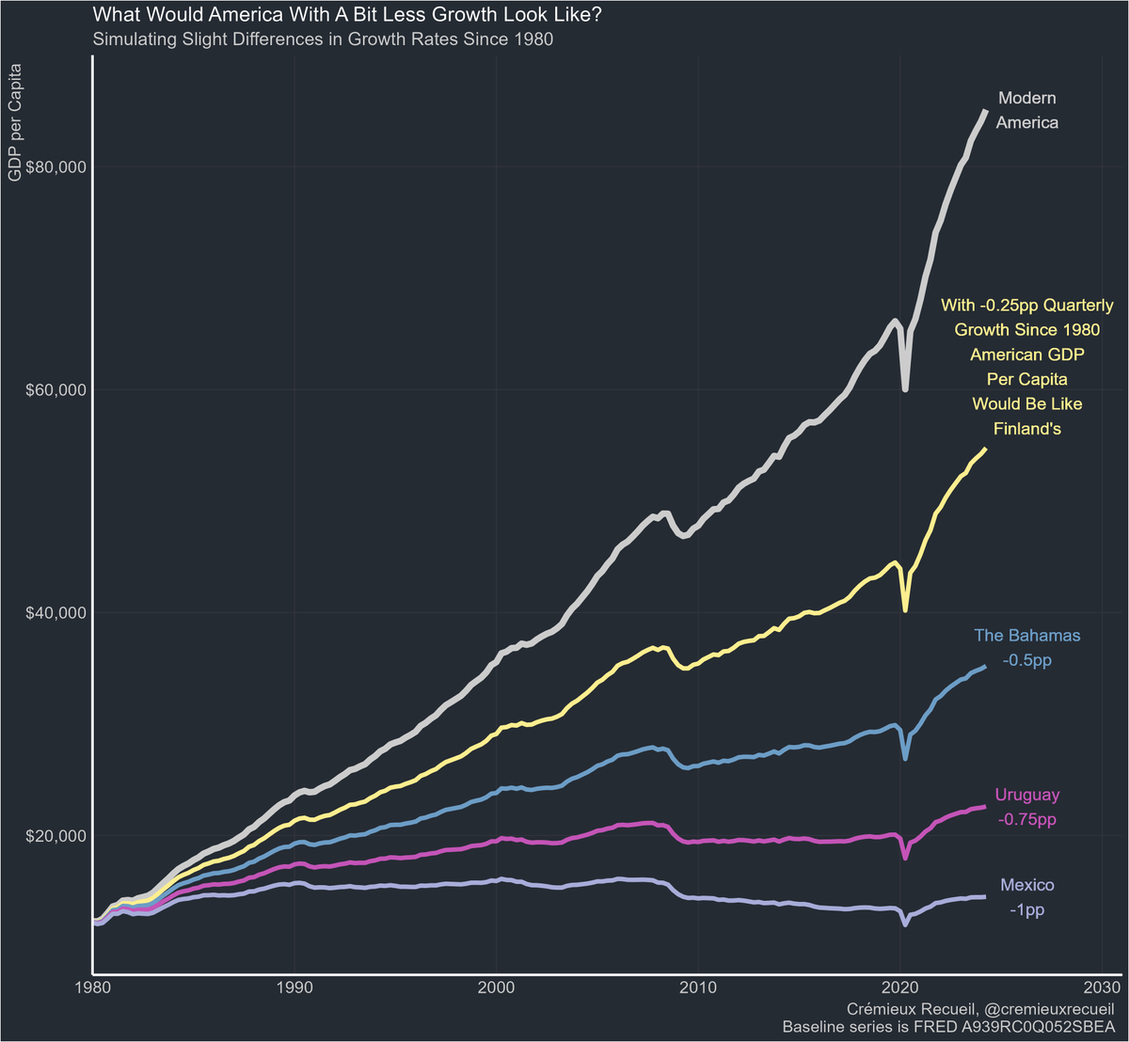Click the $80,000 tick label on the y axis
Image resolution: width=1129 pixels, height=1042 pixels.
pyautogui.click(x=54, y=167)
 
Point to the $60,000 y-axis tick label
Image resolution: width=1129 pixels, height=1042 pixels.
pyautogui.click(x=54, y=390)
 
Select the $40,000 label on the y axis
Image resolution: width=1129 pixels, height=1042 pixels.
pyautogui.click(x=54, y=613)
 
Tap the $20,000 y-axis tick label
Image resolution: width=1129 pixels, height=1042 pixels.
pyautogui.click(x=54, y=836)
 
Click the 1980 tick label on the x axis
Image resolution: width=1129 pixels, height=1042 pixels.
pyautogui.click(x=93, y=988)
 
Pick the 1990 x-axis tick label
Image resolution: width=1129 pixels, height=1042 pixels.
pyautogui.click(x=294, y=988)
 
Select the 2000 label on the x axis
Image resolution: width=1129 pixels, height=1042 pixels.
pyautogui.click(x=496, y=988)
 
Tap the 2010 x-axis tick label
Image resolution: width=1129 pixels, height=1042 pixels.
pyautogui.click(x=698, y=988)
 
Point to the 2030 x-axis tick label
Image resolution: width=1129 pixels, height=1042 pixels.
pyautogui.click(x=1102, y=988)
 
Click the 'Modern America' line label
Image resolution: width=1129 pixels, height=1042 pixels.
pyautogui.click(x=1026, y=110)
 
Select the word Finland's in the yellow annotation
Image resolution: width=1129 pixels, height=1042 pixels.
pyautogui.click(x=1027, y=429)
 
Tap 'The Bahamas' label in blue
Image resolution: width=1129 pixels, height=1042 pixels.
pyautogui.click(x=1026, y=636)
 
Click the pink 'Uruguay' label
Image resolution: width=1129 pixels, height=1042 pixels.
pyautogui.click(x=1026, y=795)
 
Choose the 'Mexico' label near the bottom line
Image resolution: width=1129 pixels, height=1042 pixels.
pyautogui.click(x=1026, y=885)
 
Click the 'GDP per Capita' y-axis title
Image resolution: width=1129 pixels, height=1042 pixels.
pyautogui.click(x=16, y=122)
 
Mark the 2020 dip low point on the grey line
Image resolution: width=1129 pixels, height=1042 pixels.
pyautogui.click(x=905, y=388)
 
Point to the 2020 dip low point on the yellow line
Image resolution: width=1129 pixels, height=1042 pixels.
pyautogui.click(x=905, y=609)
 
